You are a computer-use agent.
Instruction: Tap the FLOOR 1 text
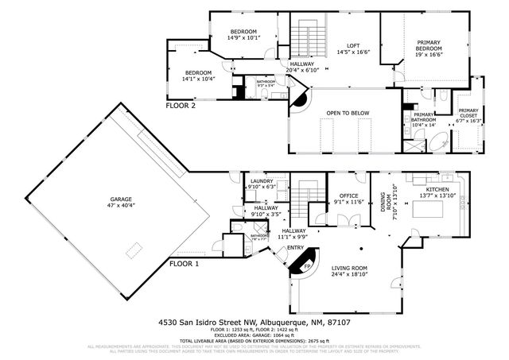185,263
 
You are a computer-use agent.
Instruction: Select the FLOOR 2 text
181,105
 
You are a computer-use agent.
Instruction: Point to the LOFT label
354,45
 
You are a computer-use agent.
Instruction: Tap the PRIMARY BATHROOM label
423,118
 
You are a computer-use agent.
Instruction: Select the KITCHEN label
437,189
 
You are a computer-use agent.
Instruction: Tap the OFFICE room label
348,195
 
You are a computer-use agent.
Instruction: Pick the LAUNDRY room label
262,181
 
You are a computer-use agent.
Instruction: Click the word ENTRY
295,247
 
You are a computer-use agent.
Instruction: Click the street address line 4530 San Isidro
254,323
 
